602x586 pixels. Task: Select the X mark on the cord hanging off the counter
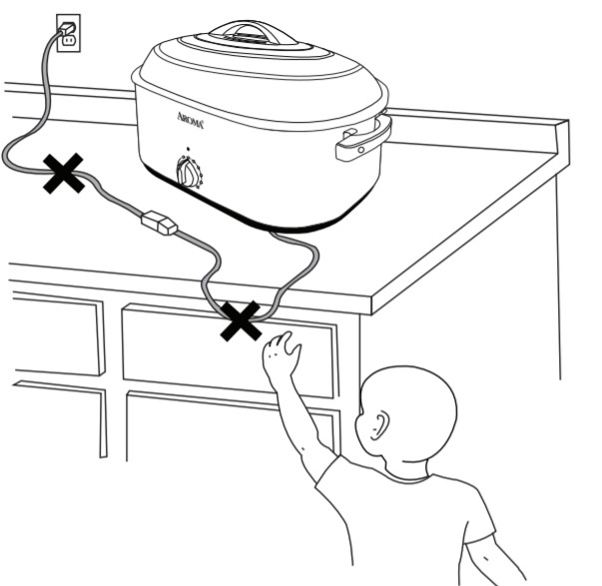(x=241, y=320)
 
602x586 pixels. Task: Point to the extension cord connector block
(x=160, y=222)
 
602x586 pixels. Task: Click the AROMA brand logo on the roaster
(x=190, y=120)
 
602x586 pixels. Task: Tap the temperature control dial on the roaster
(x=188, y=173)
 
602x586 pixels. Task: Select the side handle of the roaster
(x=363, y=139)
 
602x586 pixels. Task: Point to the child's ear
(x=379, y=426)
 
